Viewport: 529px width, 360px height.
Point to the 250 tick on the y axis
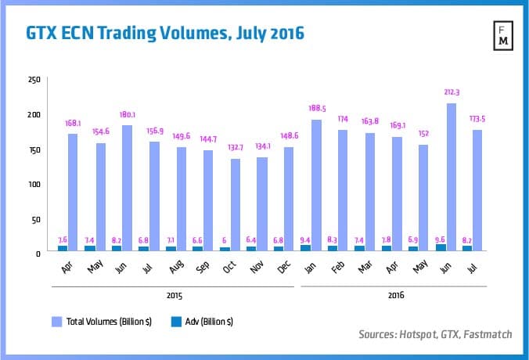tap(34, 80)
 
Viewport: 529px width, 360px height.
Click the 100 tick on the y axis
tap(34, 184)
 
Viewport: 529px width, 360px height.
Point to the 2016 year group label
tap(398, 295)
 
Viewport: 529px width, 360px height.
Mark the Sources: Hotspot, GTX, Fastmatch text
tap(436, 334)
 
